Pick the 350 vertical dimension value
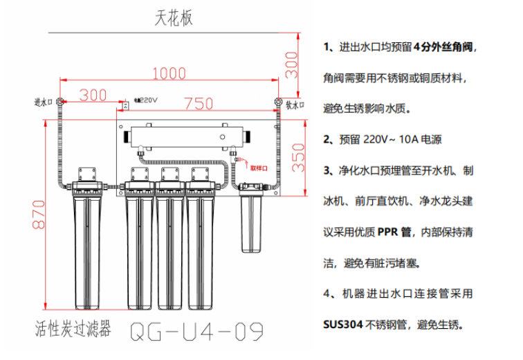click(299, 159)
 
